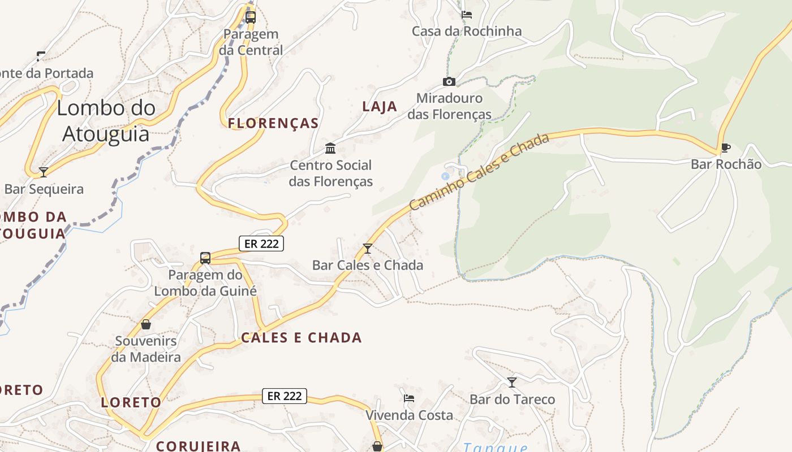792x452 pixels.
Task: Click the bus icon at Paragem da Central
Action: (x=251, y=17)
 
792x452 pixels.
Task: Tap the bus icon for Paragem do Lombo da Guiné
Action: (x=205, y=258)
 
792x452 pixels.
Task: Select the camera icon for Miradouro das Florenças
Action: (x=449, y=81)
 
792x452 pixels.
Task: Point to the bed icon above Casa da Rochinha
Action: (x=467, y=15)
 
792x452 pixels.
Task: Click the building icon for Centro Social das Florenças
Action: (x=330, y=149)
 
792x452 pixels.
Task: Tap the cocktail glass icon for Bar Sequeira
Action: (x=44, y=172)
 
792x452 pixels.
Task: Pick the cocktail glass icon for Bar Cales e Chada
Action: (x=368, y=248)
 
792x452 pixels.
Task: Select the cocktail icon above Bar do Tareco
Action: (x=512, y=383)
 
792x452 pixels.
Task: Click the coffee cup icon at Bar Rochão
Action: (x=725, y=148)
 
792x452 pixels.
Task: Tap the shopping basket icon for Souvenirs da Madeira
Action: (x=146, y=324)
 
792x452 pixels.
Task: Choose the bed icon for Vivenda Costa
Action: (x=409, y=398)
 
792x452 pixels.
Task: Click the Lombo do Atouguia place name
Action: (x=106, y=120)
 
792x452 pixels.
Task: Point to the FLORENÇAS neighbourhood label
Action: (x=273, y=123)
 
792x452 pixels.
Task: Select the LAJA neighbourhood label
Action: (x=380, y=106)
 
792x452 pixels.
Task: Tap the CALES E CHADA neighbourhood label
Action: (x=302, y=338)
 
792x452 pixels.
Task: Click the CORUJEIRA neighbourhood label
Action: (x=199, y=446)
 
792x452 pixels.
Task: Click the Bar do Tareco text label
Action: (x=513, y=399)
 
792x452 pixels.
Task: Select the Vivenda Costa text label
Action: (x=409, y=415)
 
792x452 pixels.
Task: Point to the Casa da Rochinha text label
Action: (x=467, y=31)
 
